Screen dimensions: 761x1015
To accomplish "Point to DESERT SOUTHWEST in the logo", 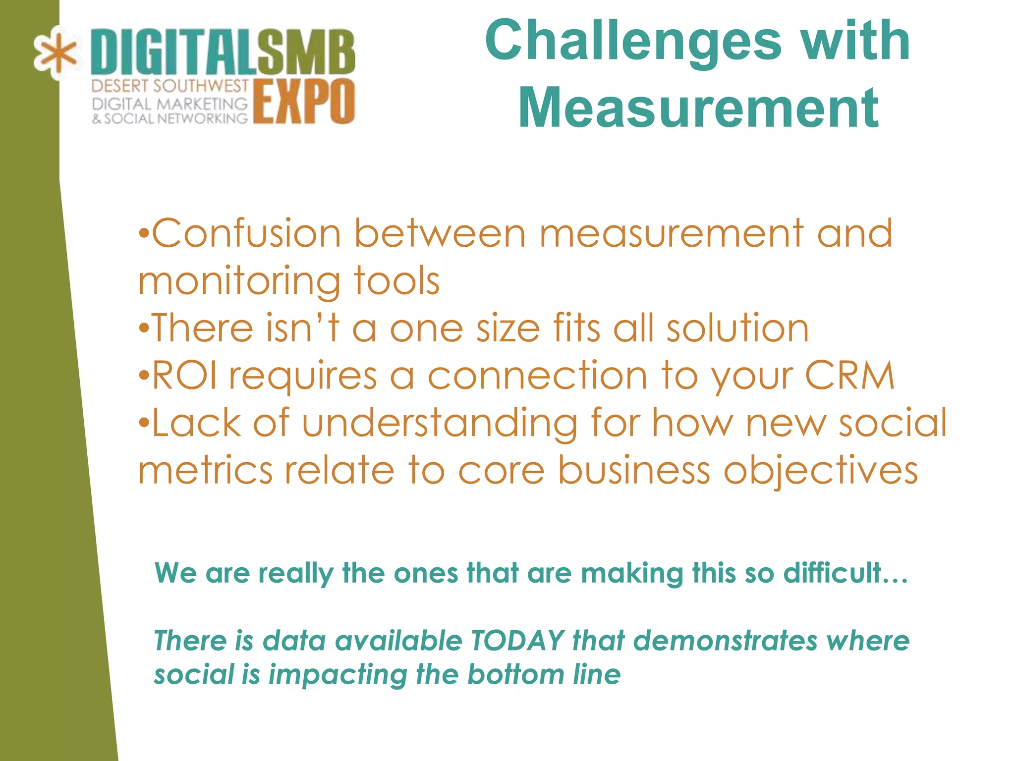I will (169, 86).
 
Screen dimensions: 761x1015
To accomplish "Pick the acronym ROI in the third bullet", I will (184, 375).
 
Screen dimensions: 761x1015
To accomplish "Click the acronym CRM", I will (849, 375).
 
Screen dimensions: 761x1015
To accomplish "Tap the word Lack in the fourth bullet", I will (196, 423).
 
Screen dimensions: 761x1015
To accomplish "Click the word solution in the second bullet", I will (737, 328).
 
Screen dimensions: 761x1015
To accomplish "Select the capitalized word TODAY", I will (517, 640).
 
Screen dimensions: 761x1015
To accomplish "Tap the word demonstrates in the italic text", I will (725, 640).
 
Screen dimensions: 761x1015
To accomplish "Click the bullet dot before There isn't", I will (143, 328).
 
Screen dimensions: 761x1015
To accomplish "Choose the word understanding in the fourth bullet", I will (440, 423).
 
